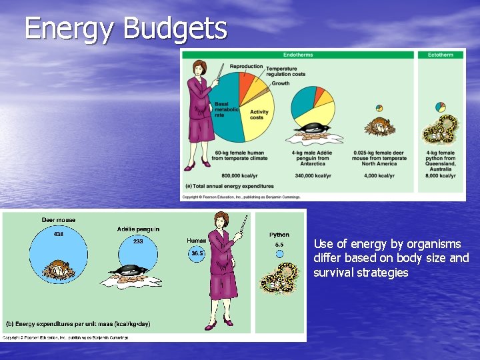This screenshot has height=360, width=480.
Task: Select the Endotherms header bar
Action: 298,55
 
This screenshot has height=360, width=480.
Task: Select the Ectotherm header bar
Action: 441,55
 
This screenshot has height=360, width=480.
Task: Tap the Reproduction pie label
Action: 246,67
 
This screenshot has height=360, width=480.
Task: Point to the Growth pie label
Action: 281,83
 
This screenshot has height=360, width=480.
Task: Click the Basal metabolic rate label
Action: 222,109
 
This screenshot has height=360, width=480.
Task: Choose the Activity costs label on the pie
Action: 259,115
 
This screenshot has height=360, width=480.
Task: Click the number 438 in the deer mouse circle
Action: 59,234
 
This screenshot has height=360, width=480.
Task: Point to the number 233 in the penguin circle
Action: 137,242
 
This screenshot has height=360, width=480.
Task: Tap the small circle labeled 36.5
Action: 197,253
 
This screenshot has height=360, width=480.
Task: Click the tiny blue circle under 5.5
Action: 279,253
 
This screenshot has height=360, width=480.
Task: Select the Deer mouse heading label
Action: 59,220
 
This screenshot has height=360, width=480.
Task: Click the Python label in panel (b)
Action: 279,235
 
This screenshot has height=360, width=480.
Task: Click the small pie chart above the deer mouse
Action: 379,108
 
